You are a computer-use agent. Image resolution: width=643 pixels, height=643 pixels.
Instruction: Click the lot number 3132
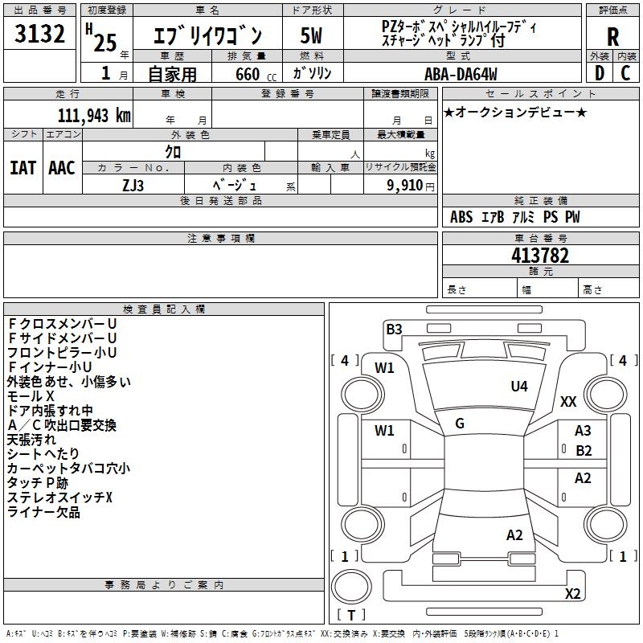[x=40, y=35]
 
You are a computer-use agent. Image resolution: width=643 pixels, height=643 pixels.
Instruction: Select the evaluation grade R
[x=612, y=37]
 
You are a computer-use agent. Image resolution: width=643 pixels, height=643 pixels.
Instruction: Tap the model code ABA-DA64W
[x=461, y=74]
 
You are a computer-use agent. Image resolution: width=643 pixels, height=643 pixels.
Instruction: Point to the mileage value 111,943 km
[x=94, y=116]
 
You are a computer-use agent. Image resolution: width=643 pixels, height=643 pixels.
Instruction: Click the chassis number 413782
[x=540, y=256]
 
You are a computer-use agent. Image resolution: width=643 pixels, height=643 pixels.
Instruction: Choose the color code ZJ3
[x=133, y=184]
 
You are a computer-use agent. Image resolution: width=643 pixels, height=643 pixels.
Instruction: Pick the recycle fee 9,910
[x=405, y=185]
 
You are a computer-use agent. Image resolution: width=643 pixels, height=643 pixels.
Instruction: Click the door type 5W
[x=312, y=37]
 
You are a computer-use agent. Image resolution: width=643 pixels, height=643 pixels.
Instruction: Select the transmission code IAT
[x=23, y=168]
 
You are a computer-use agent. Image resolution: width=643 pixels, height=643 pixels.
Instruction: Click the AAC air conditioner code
[x=62, y=168]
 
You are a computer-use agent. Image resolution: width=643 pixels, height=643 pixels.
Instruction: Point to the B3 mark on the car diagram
[x=394, y=329]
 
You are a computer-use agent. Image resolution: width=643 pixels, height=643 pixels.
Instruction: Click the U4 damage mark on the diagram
[x=519, y=387]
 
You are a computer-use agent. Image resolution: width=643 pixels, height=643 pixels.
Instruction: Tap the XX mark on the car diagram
[x=568, y=402]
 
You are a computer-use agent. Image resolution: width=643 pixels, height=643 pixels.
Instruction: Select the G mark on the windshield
[x=460, y=424]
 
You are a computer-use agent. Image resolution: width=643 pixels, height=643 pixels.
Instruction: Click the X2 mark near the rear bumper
[x=572, y=594]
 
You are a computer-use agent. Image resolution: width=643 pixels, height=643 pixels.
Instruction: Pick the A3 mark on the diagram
[x=583, y=432]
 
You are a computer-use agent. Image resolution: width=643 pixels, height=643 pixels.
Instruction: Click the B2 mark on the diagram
[x=584, y=451]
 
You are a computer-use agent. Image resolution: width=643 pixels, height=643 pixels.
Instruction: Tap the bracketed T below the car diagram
[x=351, y=616]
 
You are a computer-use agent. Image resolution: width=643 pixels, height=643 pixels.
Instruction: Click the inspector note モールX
[x=31, y=396]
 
